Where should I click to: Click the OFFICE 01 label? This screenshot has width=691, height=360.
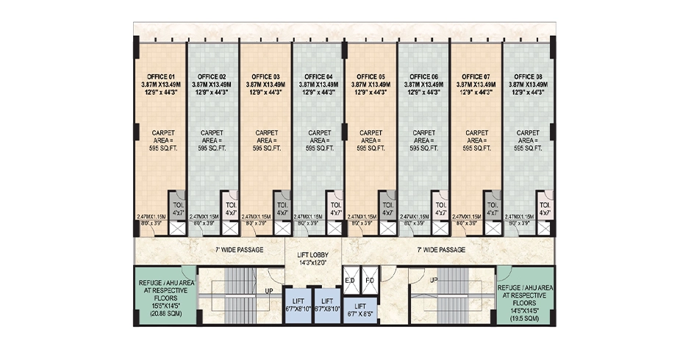[x=161, y=76]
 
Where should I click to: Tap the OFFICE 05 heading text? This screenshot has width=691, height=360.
[x=370, y=76]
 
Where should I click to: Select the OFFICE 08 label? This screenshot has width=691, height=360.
[x=528, y=76]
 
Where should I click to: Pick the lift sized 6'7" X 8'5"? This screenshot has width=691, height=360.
[x=360, y=309]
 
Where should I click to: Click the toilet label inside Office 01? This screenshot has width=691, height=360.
[x=179, y=207]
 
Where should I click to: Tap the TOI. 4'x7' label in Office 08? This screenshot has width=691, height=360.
[x=545, y=207]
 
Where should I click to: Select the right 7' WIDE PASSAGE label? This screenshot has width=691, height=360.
[x=441, y=250]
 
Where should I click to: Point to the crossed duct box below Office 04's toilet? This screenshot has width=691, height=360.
[x=336, y=228]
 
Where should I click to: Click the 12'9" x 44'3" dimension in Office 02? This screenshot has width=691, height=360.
[x=213, y=93]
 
